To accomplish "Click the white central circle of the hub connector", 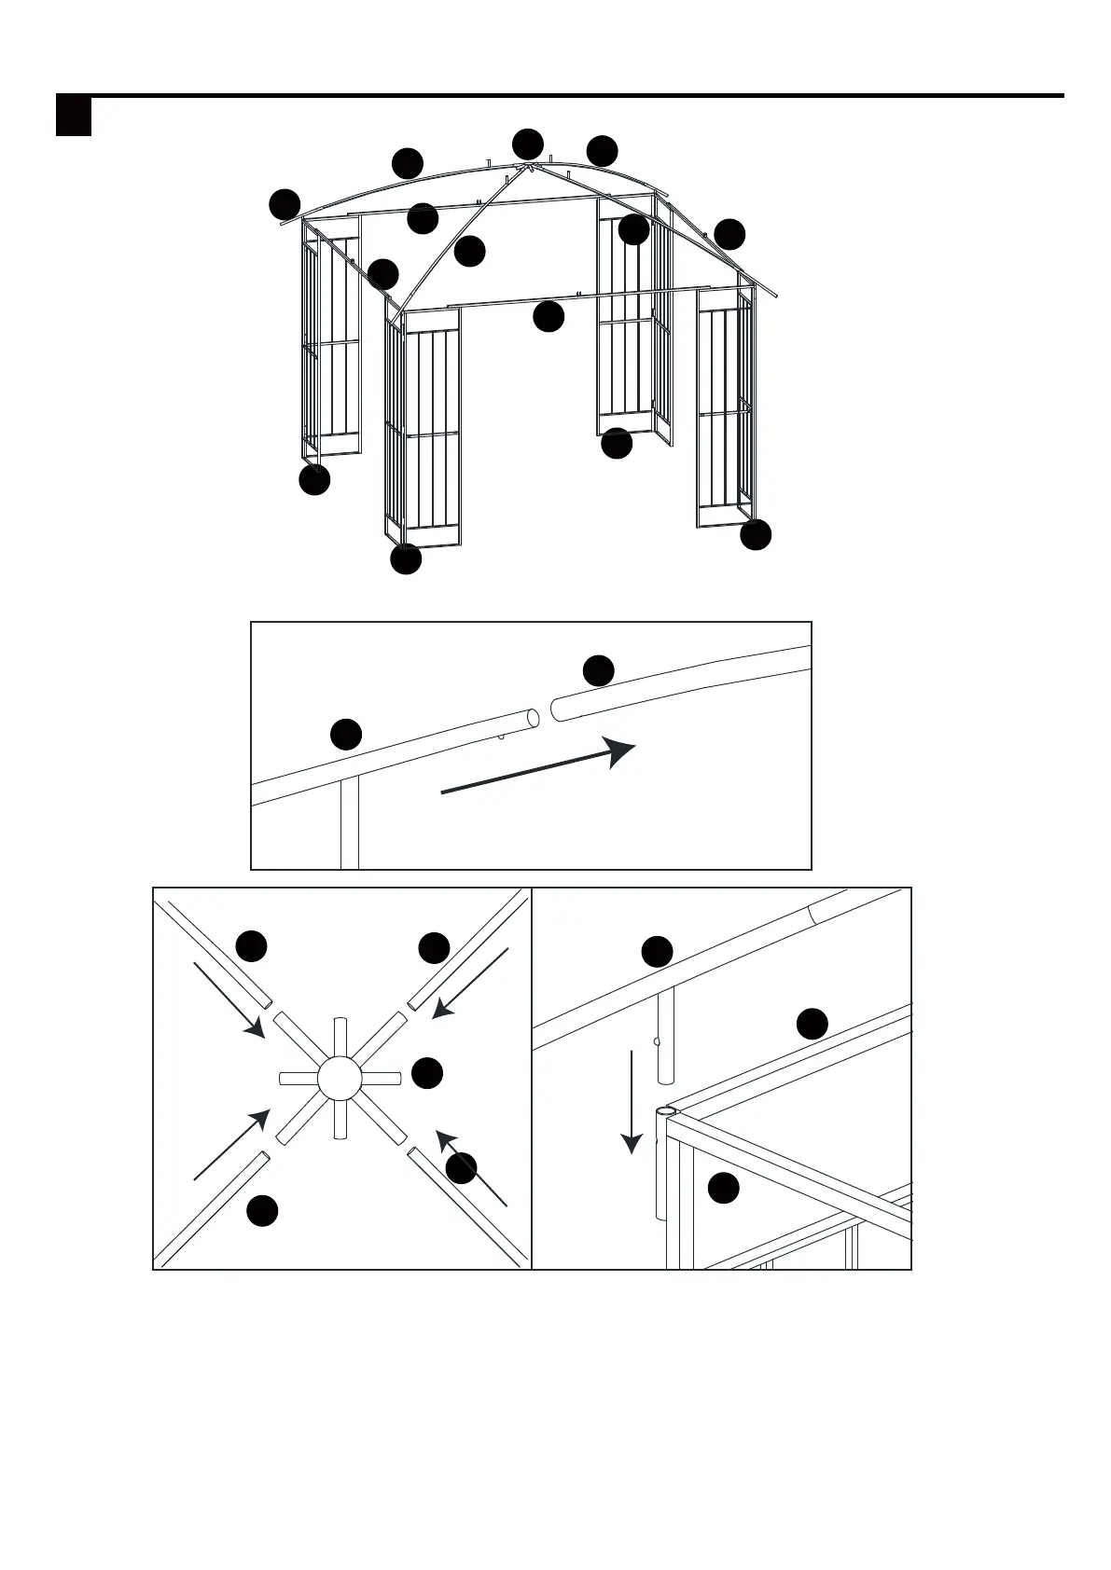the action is (x=339, y=1079).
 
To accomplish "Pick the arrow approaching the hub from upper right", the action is (x=472, y=983).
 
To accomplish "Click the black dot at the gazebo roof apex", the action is (x=528, y=144).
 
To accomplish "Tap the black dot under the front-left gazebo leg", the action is (x=406, y=559).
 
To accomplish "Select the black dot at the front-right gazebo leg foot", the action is (x=756, y=534).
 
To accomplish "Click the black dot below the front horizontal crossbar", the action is (x=549, y=317).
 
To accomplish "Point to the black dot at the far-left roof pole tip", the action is (x=285, y=204).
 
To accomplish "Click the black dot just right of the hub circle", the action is (x=427, y=1072).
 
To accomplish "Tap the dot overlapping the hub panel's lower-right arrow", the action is (x=461, y=1168).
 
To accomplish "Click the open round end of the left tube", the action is (x=533, y=719).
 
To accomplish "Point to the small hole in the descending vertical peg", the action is (x=657, y=1041).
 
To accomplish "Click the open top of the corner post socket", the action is (x=665, y=1111).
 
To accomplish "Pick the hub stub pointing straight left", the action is (x=297, y=1079).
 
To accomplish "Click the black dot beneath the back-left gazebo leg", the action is (x=314, y=480).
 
